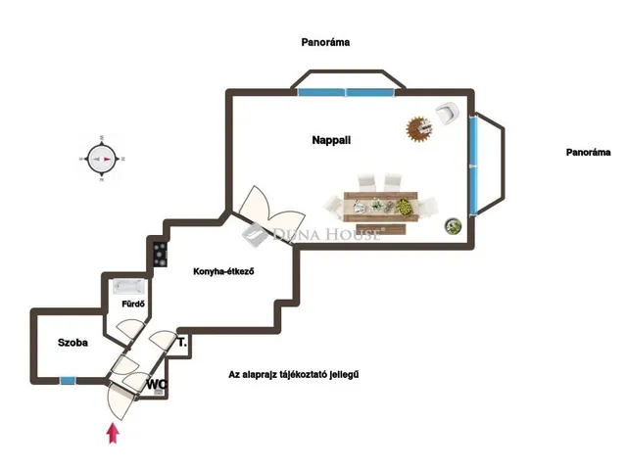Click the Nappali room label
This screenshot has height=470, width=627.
[x=331, y=140]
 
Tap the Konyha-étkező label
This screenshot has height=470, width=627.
[x=223, y=272]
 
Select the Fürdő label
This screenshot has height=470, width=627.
[x=133, y=305]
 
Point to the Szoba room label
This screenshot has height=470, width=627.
[x=72, y=343]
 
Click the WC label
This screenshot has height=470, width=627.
[x=157, y=385]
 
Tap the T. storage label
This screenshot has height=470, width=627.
[x=182, y=343]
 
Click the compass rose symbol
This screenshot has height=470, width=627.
[x=102, y=159]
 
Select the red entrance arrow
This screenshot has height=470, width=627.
[x=114, y=434]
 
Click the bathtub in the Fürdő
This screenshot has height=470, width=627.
[x=128, y=287]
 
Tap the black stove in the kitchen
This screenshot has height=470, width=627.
[x=161, y=255]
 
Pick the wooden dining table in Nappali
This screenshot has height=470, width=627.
[x=380, y=207]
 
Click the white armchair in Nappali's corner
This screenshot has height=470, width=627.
[x=447, y=114]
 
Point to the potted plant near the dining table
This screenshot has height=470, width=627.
[x=453, y=226]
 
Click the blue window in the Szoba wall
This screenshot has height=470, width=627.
[x=68, y=381]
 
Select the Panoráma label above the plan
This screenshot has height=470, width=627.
[x=325, y=42]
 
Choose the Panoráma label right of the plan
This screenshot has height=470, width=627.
[x=588, y=153]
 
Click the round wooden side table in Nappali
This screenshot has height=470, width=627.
[x=419, y=129]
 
